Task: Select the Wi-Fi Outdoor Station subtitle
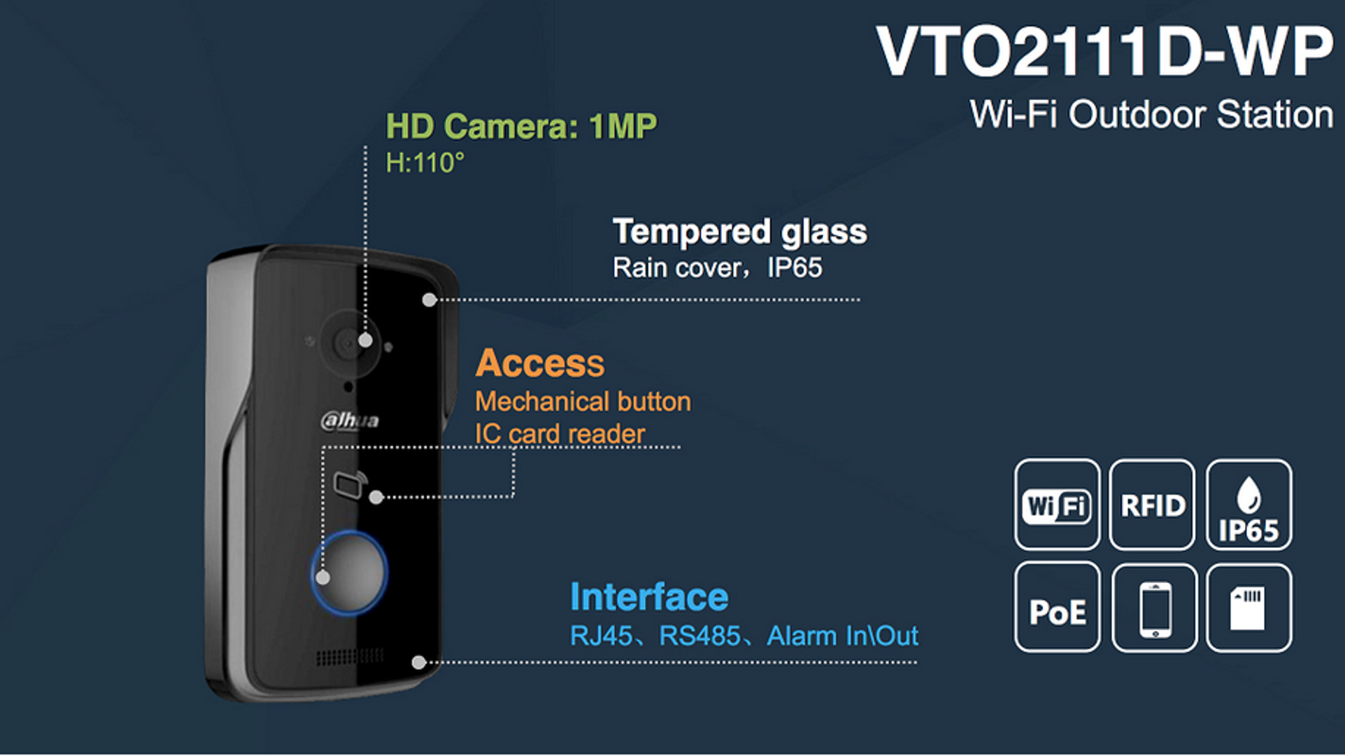click(1152, 114)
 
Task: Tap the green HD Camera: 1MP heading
click(521, 127)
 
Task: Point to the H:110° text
click(425, 163)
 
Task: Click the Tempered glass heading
click(740, 232)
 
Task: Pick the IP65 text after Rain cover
click(795, 268)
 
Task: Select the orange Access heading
click(540, 363)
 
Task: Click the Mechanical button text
click(583, 402)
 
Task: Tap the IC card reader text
click(560, 434)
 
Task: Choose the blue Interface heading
click(649, 597)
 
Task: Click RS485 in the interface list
click(699, 636)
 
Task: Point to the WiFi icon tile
click(1057, 505)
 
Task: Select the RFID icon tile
click(1152, 505)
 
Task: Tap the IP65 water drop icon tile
click(1248, 505)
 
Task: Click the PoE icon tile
click(1057, 608)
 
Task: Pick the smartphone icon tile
click(1154, 608)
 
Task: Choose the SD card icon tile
click(1248, 608)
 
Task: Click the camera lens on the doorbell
click(349, 343)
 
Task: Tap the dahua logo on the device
click(350, 421)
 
